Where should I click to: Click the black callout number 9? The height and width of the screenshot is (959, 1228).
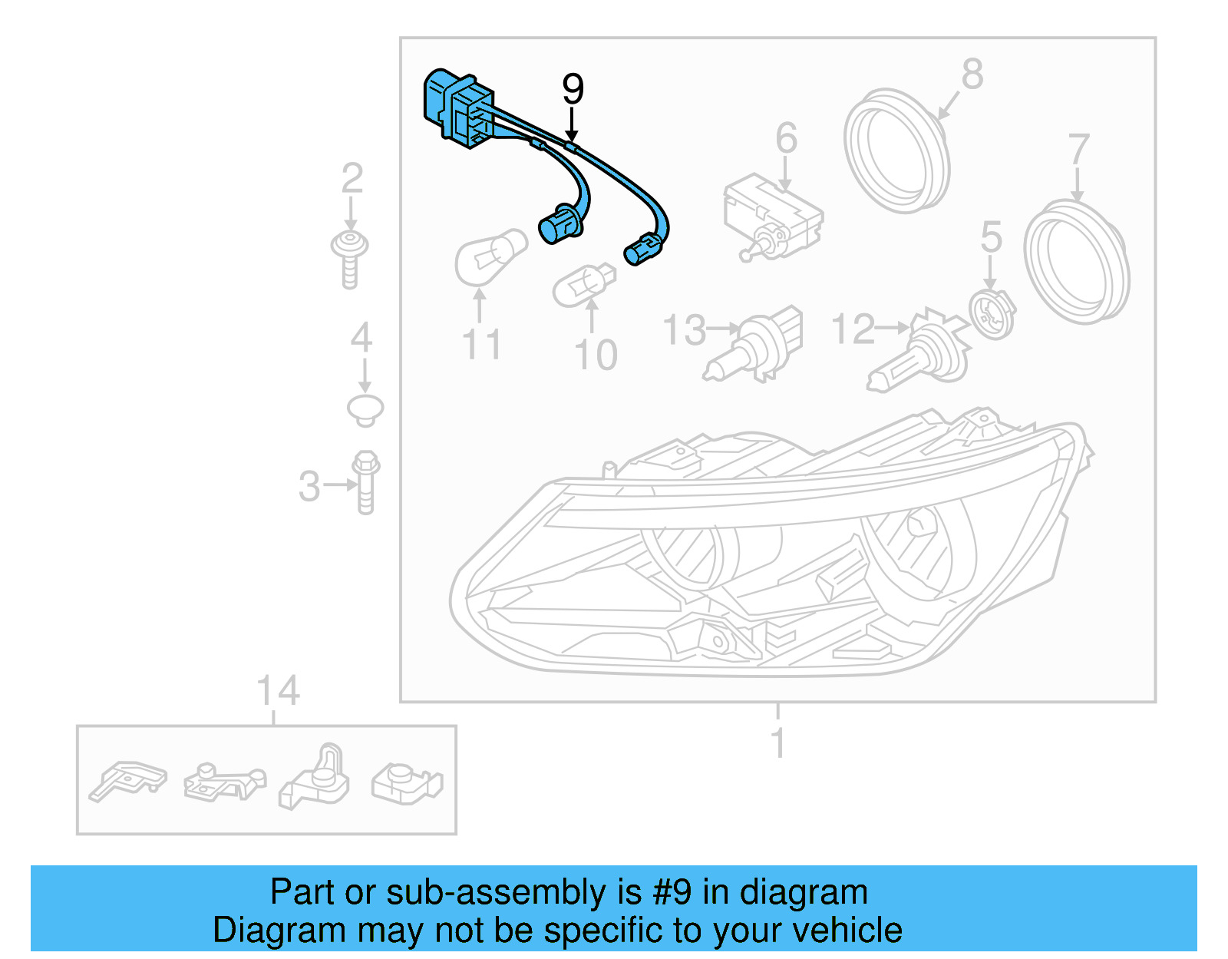[x=573, y=89]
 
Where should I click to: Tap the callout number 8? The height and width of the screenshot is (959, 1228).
[x=972, y=74]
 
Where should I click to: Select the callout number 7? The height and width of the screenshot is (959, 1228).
[x=1078, y=148]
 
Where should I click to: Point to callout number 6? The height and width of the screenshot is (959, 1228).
[x=786, y=138]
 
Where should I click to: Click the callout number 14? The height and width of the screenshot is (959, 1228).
[x=278, y=691]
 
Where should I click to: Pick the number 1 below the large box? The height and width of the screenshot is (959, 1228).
[x=777, y=743]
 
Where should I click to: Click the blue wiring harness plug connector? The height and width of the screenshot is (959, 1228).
[x=459, y=107]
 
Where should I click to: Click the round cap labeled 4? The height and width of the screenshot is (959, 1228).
[x=365, y=409]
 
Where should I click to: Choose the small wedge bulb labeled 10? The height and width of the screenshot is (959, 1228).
[x=584, y=286]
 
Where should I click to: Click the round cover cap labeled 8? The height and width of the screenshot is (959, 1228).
[x=896, y=150]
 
